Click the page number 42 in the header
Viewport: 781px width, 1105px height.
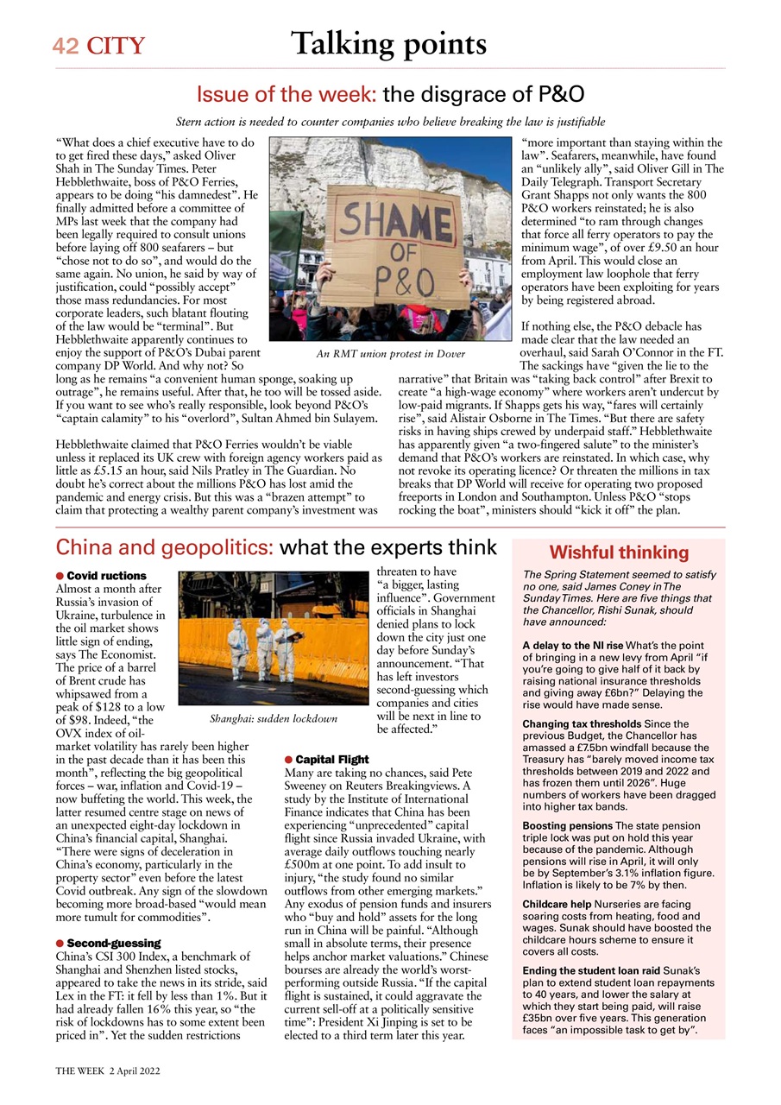click(66, 46)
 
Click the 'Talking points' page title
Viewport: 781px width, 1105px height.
click(388, 43)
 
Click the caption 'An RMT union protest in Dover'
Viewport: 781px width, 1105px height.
click(390, 354)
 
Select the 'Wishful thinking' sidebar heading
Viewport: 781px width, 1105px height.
click(618, 552)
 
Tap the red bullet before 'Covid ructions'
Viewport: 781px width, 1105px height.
click(60, 576)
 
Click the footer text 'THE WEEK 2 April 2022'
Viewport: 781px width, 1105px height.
click(108, 1070)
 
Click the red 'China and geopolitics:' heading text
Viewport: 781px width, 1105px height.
click(164, 547)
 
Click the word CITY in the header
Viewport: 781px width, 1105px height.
click(115, 46)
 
